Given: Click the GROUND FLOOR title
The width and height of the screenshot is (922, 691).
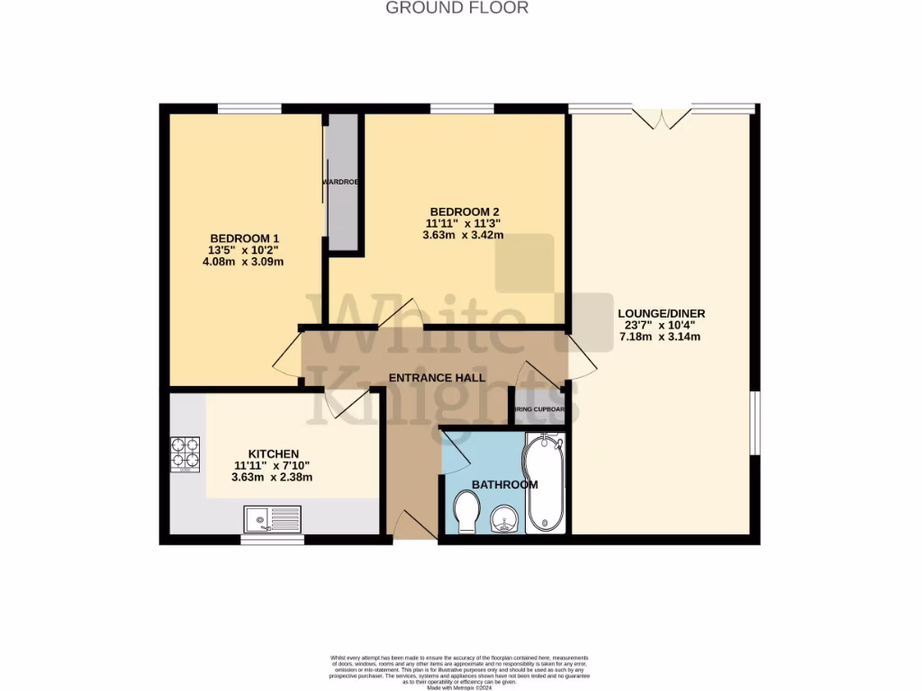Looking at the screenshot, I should coord(456,8).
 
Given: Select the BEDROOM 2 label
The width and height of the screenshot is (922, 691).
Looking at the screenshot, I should coord(464,211).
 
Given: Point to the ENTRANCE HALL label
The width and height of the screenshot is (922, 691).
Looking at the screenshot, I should coord(437,378).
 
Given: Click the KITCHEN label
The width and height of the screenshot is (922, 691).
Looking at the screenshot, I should coord(273,453).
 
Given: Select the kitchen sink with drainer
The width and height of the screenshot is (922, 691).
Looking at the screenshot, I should coord(272,518).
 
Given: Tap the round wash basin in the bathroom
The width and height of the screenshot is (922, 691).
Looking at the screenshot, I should coord(504,519).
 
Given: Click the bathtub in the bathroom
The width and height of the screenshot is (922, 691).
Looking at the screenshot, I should coord(545,483).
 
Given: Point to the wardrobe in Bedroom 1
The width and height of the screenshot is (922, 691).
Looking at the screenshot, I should coord(342,183).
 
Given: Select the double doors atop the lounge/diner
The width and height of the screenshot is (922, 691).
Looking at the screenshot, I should coord(661,117).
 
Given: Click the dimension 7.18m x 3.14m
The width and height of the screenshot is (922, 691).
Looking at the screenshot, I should coord(660,337).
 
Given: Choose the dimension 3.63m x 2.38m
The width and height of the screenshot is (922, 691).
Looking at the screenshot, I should coord(272,478).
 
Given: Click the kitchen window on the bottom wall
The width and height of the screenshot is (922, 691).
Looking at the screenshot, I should coord(272,540).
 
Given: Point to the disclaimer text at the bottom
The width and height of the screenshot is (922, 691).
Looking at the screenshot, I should coord(459,670).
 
